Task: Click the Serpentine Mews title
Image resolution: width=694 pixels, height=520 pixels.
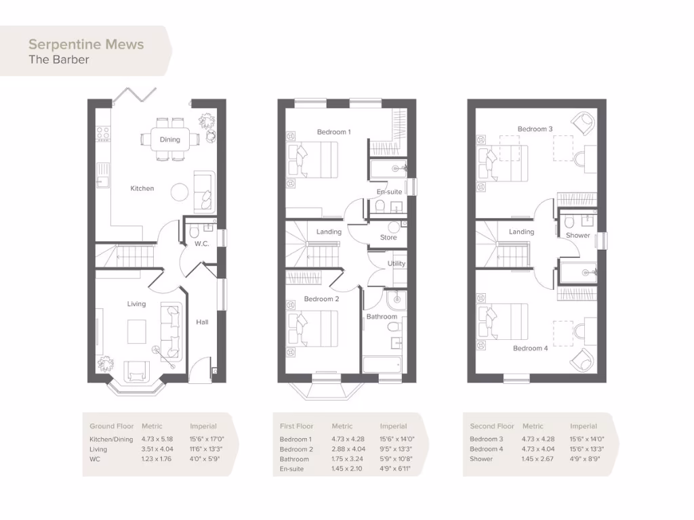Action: (x=86, y=45)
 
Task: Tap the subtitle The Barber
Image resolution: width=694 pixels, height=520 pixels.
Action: (x=59, y=60)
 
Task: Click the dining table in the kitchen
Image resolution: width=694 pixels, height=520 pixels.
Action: (x=170, y=139)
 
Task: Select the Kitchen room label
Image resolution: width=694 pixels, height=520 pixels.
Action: (x=142, y=188)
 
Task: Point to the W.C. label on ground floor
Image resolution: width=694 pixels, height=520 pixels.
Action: (x=201, y=244)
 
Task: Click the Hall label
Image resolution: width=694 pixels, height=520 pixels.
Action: (x=202, y=322)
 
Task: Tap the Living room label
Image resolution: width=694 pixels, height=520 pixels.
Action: (x=136, y=304)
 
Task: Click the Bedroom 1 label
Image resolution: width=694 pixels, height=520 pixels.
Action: (x=333, y=132)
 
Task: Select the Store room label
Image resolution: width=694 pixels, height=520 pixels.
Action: (x=388, y=238)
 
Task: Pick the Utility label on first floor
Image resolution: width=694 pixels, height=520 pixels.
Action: (x=396, y=263)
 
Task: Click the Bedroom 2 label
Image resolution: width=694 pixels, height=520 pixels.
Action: (x=321, y=299)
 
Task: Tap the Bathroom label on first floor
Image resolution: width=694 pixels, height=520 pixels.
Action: (x=382, y=316)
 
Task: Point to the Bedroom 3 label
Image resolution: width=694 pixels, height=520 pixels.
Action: (x=535, y=129)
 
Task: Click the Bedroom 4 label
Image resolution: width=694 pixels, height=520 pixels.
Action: (x=530, y=348)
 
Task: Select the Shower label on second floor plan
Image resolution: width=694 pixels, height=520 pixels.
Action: (x=578, y=236)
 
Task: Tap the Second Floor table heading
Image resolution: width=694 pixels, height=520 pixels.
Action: (x=492, y=427)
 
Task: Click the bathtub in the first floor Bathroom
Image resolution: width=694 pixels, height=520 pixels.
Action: (x=383, y=365)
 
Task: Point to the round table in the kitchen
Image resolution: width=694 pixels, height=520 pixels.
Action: (x=180, y=192)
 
